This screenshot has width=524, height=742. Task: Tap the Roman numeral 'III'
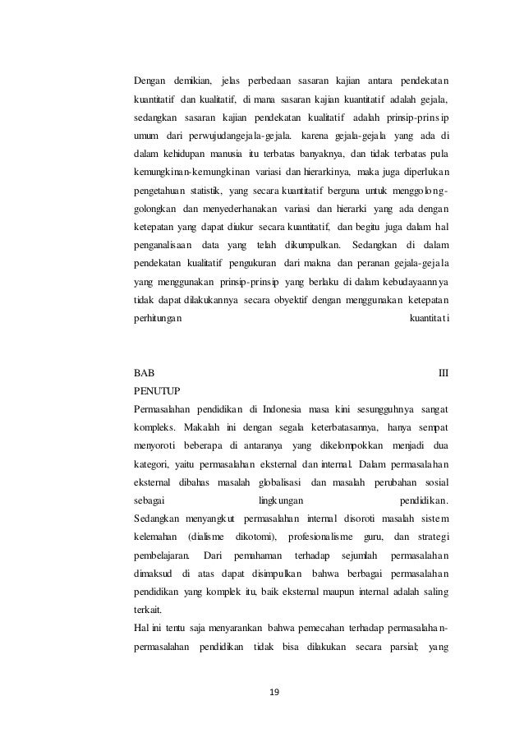coord(444,371)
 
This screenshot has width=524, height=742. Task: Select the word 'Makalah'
coord(206,426)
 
